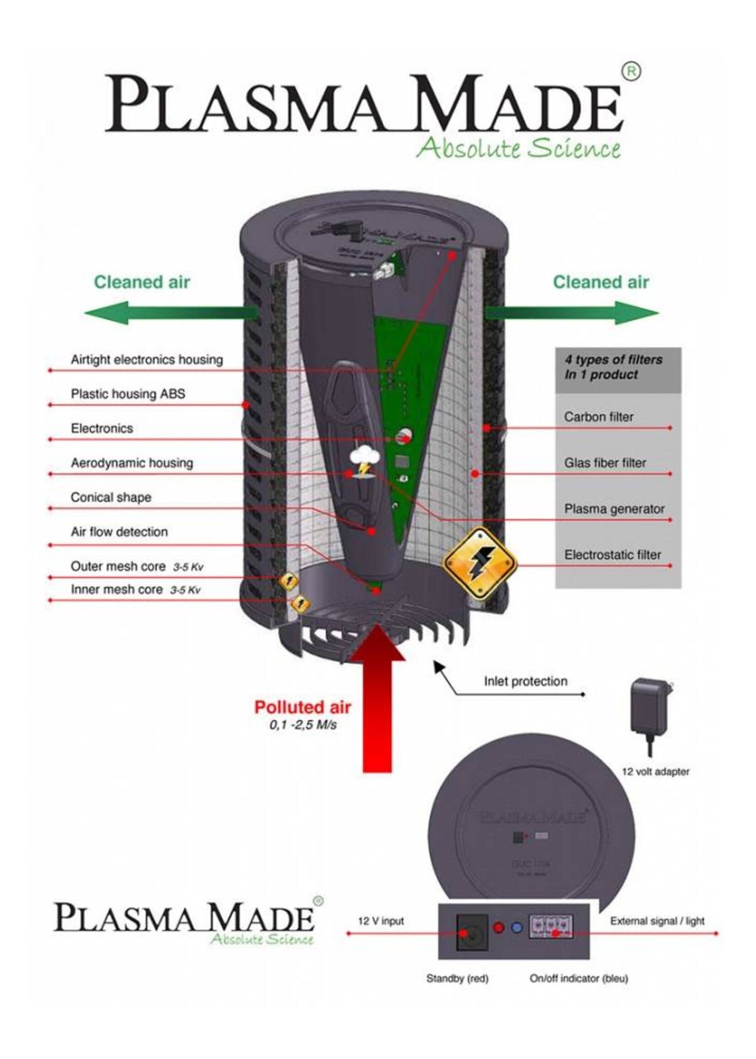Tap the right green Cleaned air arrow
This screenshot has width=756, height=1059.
click(x=572, y=313)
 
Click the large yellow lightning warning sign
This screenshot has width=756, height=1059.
click(x=480, y=564)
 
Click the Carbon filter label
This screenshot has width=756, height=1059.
click(x=599, y=417)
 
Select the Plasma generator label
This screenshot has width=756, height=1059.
click(x=614, y=509)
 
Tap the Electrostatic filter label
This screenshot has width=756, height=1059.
click(x=613, y=554)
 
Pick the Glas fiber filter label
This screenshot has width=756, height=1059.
click(x=605, y=463)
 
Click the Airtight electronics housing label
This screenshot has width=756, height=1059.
click(x=146, y=359)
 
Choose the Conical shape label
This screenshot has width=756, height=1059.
click(x=111, y=497)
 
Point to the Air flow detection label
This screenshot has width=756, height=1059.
click(x=119, y=532)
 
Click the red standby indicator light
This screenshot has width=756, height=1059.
click(x=498, y=927)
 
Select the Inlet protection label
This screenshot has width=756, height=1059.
click(x=525, y=681)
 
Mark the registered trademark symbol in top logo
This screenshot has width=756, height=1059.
click(x=631, y=72)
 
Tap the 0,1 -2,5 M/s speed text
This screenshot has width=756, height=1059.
click(x=302, y=725)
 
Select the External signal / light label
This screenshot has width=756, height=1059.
click(x=657, y=921)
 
